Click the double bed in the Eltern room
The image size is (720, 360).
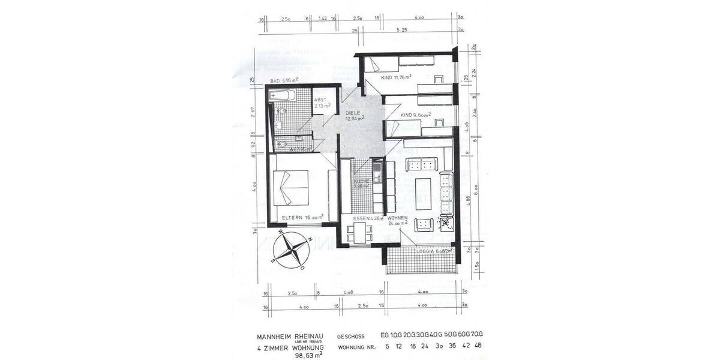click(292, 187)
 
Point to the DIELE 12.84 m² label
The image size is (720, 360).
click(355, 115)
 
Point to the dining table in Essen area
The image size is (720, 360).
click(361, 233)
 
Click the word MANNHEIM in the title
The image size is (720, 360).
click(274, 337)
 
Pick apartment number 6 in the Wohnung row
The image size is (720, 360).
click(387, 346)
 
